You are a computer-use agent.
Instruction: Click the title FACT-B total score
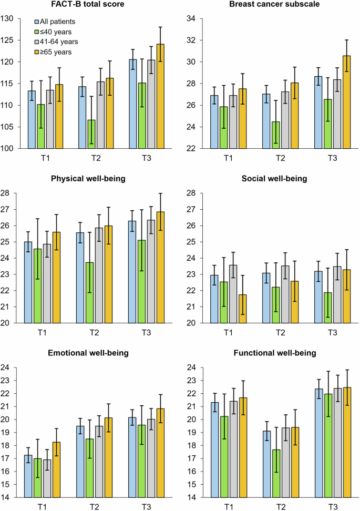89,5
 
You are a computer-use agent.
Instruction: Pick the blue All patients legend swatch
37,22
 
